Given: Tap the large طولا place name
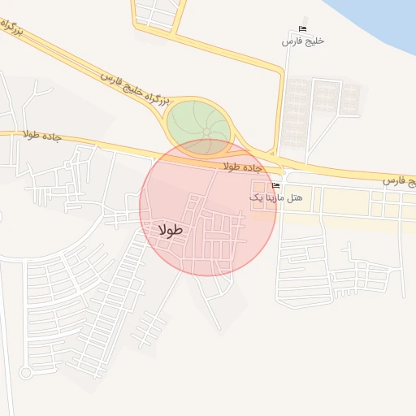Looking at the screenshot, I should pos(172,230).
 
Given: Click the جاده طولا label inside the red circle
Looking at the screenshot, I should pos(245,167).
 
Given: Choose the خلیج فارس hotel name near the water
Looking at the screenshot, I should pos(303,41).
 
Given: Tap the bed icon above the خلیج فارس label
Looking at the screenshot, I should pos(303,29).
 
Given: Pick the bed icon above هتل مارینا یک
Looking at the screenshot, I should pos(275,186).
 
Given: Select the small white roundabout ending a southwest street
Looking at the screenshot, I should pos(25,372).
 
